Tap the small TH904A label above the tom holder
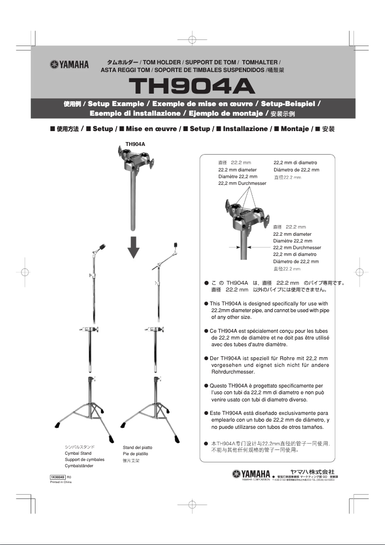tap(135, 144)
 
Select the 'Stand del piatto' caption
tap(137, 448)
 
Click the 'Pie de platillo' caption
tap(135, 454)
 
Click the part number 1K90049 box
tap(58, 477)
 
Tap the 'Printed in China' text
tap(60, 482)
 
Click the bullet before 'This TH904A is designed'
tap(206, 303)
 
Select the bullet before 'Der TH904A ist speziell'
tap(206, 358)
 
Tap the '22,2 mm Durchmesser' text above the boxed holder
tap(242, 183)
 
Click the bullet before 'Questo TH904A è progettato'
tap(206, 386)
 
